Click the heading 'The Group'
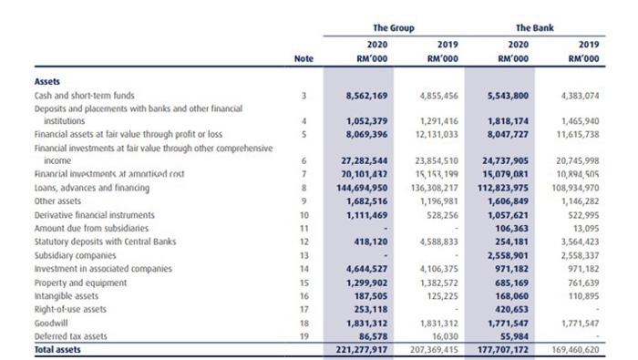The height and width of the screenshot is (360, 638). pos(393,28)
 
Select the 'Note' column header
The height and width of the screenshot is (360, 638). pos(304,58)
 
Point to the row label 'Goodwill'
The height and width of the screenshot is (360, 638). pos(53,323)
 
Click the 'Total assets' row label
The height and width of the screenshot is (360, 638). pos(57,349)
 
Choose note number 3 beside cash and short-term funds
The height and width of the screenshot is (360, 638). pos(304,95)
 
